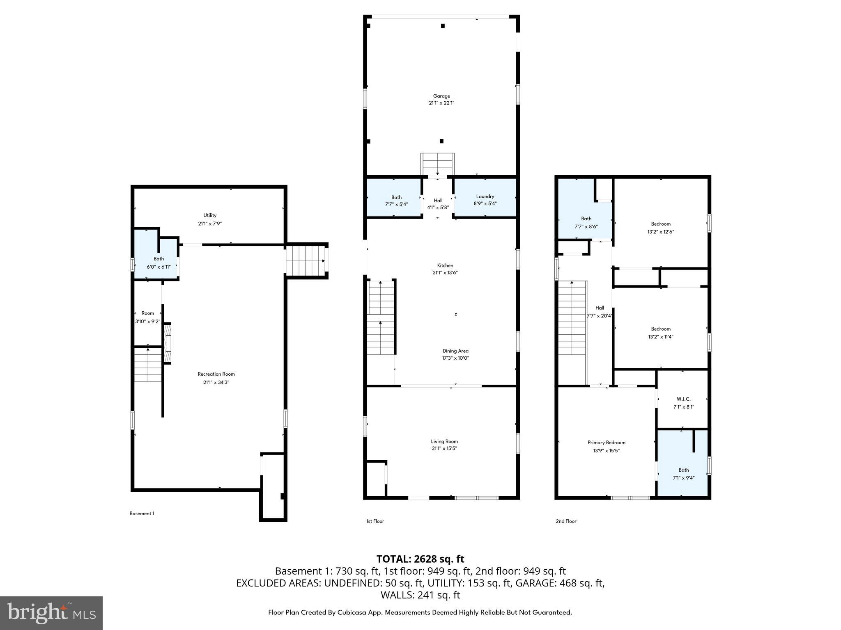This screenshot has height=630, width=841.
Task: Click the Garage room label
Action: pyautogui.click(x=441, y=96)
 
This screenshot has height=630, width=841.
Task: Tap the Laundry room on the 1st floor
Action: pyautogui.click(x=485, y=200)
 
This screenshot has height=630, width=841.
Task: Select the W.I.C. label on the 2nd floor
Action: pyautogui.click(x=683, y=399)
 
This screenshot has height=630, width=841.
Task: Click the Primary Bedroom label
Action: pyautogui.click(x=606, y=442)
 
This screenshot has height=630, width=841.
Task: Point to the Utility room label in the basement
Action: pyautogui.click(x=210, y=215)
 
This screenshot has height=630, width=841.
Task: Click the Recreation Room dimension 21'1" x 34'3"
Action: pyautogui.click(x=216, y=382)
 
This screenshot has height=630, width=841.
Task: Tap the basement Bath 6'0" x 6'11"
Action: pyautogui.click(x=159, y=262)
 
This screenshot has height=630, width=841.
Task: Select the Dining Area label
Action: pyautogui.click(x=455, y=351)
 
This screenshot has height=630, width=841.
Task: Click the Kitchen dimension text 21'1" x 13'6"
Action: pyautogui.click(x=445, y=272)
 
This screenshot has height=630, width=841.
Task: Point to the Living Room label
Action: pyautogui.click(x=444, y=441)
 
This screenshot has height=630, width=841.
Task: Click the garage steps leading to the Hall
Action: pyautogui.click(x=438, y=164)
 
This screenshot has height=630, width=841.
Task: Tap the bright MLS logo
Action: pyautogui.click(x=51, y=613)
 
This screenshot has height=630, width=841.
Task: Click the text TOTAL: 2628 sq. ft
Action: pyautogui.click(x=420, y=559)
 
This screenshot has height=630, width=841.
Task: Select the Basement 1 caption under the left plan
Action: pyautogui.click(x=142, y=513)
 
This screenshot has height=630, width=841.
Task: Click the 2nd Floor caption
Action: pyautogui.click(x=566, y=521)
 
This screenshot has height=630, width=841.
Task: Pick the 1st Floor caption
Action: pyautogui.click(x=375, y=521)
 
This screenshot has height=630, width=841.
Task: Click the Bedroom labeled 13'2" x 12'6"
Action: pyautogui.click(x=661, y=228)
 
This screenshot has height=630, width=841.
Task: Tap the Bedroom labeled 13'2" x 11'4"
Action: pyautogui.click(x=661, y=333)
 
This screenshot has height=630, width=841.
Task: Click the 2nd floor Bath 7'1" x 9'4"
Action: pyautogui.click(x=683, y=474)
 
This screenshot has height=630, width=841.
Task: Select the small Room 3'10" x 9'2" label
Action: pyautogui.click(x=148, y=317)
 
